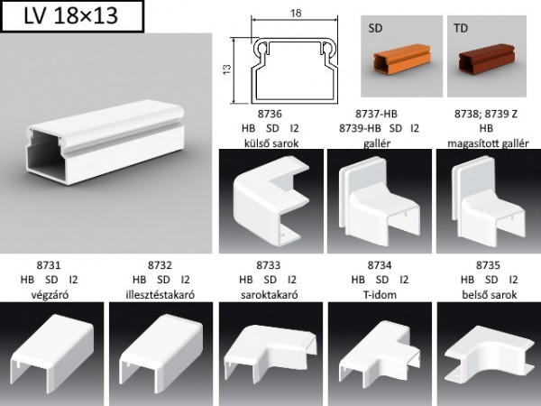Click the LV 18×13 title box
pos(72,16)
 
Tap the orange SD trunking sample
pos(401,59)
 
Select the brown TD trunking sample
pos(488,60)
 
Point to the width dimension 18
pos(296,14)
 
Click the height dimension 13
pos(226,69)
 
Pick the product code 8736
pos(270,114)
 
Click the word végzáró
pos(50,295)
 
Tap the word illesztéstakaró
pos(160,295)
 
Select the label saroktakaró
pos(269,295)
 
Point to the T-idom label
pos(380,295)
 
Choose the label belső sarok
pos(490,295)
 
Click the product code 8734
pos(380,265)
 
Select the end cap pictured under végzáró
pos(51,352)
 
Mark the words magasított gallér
pos(488,143)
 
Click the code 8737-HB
pos(376,114)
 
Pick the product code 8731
pos(49,265)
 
